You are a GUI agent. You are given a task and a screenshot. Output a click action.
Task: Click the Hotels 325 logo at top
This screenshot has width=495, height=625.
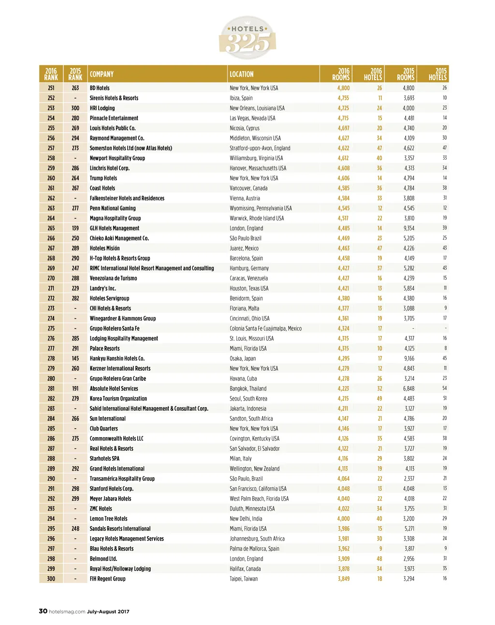pyautogui.click(x=247, y=38)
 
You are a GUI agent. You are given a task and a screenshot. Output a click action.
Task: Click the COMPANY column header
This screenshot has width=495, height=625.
pyautogui.click(x=102, y=74)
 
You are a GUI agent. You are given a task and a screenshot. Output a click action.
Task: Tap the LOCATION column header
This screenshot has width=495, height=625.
pyautogui.click(x=241, y=74)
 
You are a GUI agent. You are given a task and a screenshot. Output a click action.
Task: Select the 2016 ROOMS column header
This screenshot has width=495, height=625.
pyautogui.click(x=341, y=74)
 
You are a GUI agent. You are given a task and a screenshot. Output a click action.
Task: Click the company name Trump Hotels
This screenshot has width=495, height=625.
pyautogui.click(x=103, y=178)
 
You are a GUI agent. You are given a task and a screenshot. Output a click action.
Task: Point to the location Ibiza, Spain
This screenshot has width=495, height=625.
pyautogui.click(x=241, y=98)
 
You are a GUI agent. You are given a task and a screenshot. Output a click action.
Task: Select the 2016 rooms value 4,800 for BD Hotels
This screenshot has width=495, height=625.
pyautogui.click(x=343, y=88)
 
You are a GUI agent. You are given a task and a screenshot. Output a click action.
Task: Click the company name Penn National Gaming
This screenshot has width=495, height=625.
pyautogui.click(x=113, y=208)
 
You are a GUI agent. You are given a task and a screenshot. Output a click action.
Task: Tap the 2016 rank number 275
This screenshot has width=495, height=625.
pyautogui.click(x=51, y=328)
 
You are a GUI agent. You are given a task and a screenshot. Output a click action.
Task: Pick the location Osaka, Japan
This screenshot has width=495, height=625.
pyautogui.click(x=243, y=358)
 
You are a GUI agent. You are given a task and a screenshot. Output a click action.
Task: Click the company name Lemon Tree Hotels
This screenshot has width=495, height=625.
pyautogui.click(x=108, y=518)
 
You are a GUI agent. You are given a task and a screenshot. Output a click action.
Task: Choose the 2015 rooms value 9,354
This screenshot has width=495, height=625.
pyautogui.click(x=408, y=228)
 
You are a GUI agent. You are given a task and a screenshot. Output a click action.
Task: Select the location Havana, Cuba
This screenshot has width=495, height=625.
pyautogui.click(x=243, y=378)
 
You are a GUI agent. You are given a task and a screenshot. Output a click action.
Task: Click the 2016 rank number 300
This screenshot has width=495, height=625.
pyautogui.click(x=51, y=579)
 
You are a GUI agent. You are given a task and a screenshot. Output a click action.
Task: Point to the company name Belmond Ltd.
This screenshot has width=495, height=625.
pyautogui.click(x=103, y=558)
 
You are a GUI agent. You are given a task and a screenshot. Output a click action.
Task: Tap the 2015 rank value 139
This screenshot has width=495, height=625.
pyautogui.click(x=75, y=228)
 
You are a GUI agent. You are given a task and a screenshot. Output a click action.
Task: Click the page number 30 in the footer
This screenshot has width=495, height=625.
pyautogui.click(x=43, y=611)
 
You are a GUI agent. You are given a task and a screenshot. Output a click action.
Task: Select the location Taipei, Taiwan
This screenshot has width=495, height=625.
pyautogui.click(x=244, y=579)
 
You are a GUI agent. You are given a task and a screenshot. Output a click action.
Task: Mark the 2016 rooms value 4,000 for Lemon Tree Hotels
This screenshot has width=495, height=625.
pyautogui.click(x=343, y=518)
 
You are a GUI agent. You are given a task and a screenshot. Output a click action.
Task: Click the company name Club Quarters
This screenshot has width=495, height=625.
pyautogui.click(x=103, y=429)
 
